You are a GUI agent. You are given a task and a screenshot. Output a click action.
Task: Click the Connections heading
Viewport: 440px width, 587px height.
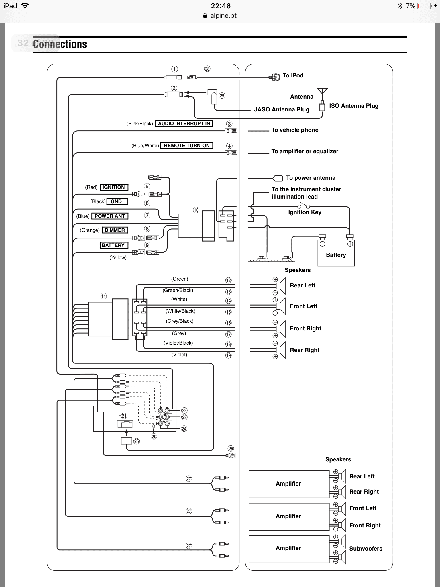coord(60,44)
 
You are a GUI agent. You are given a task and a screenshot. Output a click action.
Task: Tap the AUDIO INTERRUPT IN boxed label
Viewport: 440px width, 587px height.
coord(184,124)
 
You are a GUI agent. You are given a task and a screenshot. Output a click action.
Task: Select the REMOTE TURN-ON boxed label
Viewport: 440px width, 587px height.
coord(187,146)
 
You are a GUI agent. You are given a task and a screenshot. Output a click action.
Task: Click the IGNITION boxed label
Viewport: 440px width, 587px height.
coord(114,187)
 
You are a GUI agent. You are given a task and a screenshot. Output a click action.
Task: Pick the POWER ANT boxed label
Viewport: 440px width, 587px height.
coord(110,216)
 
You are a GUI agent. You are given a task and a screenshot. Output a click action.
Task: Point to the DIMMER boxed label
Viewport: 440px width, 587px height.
coord(115,230)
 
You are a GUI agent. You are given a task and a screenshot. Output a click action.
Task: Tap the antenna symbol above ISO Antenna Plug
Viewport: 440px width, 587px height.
coord(322,91)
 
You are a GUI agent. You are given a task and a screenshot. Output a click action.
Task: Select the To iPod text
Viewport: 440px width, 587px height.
coord(293,75)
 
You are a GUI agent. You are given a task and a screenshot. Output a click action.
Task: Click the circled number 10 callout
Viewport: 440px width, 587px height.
coord(196,210)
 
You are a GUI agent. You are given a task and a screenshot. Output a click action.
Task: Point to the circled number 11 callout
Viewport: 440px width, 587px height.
coord(103,296)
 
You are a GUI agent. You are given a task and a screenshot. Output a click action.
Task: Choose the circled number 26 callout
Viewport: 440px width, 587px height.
coord(231,449)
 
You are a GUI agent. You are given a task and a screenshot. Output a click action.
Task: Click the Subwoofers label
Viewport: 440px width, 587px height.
coord(366,549)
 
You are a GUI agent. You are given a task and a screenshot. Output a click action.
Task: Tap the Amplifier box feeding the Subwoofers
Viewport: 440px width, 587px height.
coord(289,549)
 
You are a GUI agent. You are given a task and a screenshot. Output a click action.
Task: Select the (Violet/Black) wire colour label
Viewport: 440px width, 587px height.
coord(178,343)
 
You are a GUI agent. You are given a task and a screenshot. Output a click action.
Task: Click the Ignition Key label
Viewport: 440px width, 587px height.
coord(305,212)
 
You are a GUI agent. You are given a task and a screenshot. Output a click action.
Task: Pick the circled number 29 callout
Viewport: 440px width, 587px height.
coord(222,95)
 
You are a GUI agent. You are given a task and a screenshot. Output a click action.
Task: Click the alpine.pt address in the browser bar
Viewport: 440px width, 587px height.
coord(223,15)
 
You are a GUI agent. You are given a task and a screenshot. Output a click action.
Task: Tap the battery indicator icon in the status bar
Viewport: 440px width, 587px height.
coord(424,6)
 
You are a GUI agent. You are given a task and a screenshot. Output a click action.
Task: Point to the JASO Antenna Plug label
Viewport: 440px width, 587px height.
coord(282,109)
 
